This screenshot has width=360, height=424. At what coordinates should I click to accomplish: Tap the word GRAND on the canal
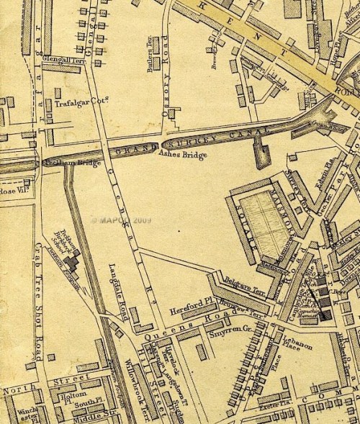tap(139, 149)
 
